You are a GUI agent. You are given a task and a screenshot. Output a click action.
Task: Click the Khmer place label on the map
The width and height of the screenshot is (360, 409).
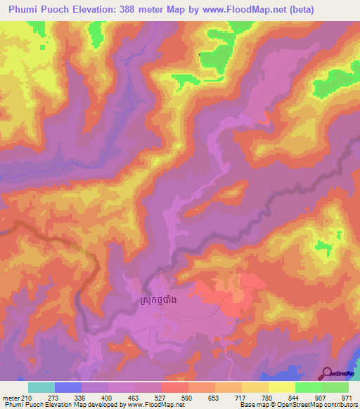coord(153,301)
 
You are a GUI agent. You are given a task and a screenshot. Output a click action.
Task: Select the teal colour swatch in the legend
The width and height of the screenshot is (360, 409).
coord(41,387)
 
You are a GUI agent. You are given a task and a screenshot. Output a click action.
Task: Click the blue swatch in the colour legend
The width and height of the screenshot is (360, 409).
coord(68,387)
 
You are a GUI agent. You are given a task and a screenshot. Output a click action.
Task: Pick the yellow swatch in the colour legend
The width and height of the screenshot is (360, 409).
coord(281,387)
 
